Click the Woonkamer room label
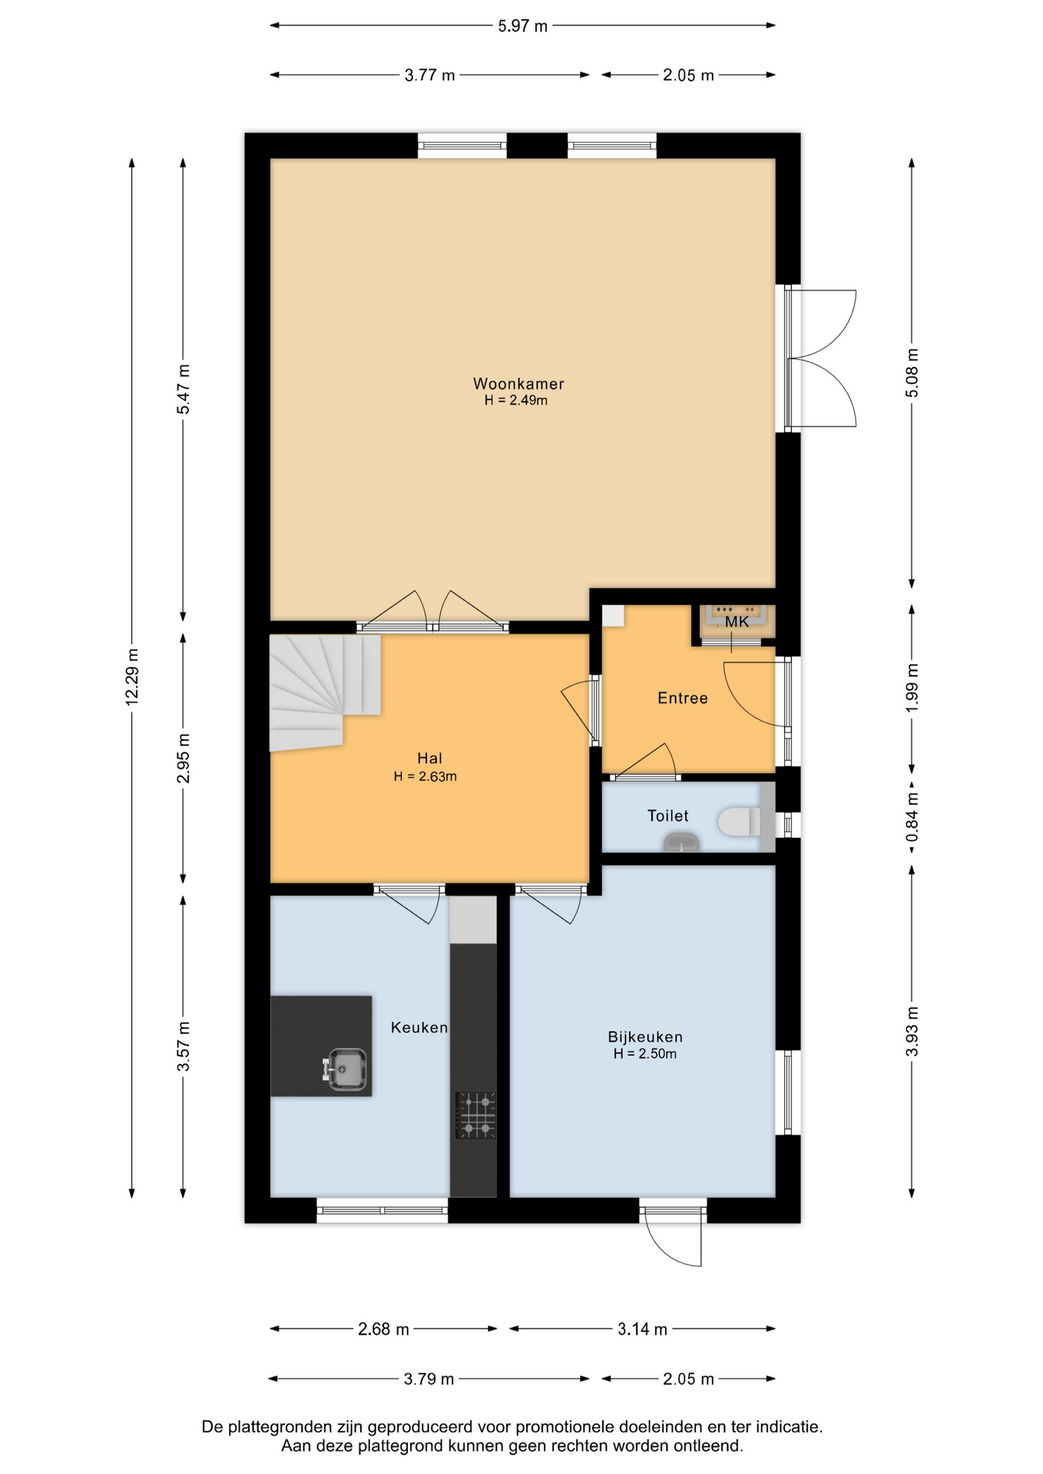(x=518, y=383)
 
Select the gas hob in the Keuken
(x=476, y=1115)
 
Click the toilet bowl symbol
(x=739, y=822)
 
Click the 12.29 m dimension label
(x=132, y=676)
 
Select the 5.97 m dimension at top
(x=522, y=26)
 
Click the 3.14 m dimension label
(x=642, y=1329)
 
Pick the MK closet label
(x=737, y=623)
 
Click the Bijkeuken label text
(x=645, y=1036)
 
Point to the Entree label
(x=683, y=698)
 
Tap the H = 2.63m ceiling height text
(x=425, y=776)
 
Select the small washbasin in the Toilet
(x=682, y=842)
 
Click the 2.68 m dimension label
(x=383, y=1329)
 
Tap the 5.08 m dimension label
(x=912, y=372)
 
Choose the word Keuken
(x=419, y=1027)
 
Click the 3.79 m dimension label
(x=429, y=1379)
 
